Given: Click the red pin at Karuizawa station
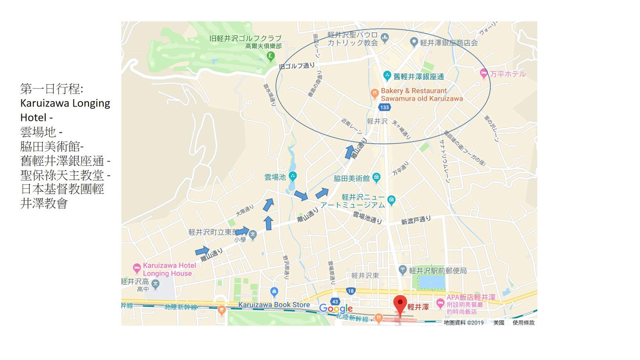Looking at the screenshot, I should point(400,304).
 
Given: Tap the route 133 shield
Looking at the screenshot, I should point(384,107).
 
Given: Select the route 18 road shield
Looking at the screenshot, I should point(351,291).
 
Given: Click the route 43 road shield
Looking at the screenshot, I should point(335,302).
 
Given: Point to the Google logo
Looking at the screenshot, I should point(336,308).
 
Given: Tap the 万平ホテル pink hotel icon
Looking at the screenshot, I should point(484,73).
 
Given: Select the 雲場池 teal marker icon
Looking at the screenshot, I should point(293,176).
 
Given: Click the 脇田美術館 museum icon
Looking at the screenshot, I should point(376,177).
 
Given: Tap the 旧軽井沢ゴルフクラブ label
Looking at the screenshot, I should point(245,38).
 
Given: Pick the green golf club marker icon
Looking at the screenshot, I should point(271,56).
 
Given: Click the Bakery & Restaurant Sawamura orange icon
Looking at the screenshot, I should point(374,94).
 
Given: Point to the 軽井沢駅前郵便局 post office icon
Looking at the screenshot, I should point(403,270).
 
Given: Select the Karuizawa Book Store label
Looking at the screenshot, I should point(274,305).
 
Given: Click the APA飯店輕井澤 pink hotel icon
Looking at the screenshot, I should point(440,302).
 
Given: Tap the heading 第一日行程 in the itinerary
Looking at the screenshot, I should point(52,88).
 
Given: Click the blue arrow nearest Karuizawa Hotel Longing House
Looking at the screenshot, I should point(202,251).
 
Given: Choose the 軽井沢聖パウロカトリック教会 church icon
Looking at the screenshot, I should point(385,38).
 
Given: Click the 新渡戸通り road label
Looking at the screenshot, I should point(416,220).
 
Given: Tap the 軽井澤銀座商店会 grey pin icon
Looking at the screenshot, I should point(414,42).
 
